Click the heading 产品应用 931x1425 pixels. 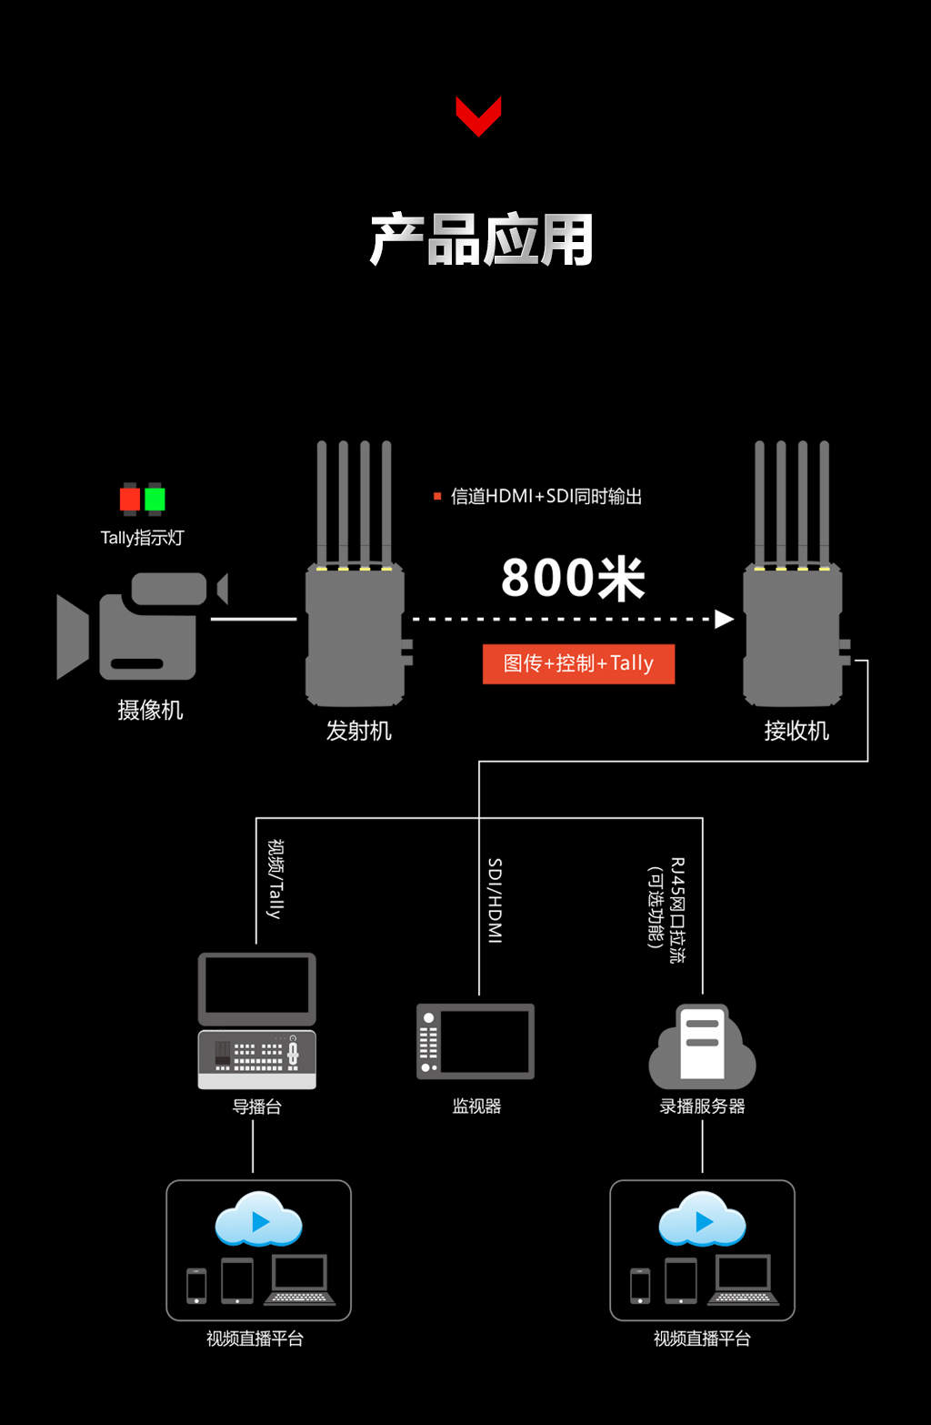(x=482, y=240)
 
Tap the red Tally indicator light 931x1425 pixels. (x=130, y=499)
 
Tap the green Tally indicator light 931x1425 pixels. (x=155, y=499)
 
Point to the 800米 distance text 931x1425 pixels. (x=573, y=578)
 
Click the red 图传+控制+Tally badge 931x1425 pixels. (x=578, y=663)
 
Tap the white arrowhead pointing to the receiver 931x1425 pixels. (x=724, y=619)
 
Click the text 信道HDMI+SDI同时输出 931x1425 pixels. (x=546, y=496)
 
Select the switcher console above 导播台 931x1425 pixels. (x=257, y=1059)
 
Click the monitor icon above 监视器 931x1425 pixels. (x=476, y=1041)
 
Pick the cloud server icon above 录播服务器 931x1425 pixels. (x=702, y=1046)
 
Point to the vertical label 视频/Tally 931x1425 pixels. (x=275, y=878)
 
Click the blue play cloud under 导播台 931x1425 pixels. (x=258, y=1219)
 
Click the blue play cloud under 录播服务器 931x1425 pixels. (x=702, y=1219)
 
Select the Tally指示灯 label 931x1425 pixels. (x=142, y=538)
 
